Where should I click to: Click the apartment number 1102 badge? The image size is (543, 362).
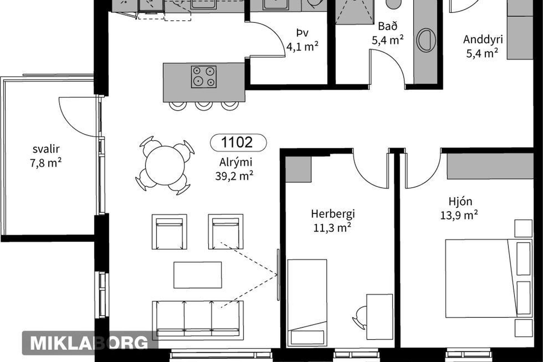(x=238, y=142)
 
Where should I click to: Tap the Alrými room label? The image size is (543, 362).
(x=236, y=162)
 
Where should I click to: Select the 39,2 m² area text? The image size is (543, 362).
(x=234, y=176)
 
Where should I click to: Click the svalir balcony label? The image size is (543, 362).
(x=46, y=149)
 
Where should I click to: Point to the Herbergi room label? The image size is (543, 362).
(x=333, y=214)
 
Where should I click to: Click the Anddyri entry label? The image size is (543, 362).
(x=483, y=39)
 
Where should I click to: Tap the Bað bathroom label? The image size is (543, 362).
(x=388, y=26)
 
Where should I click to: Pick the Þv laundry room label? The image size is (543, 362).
(x=302, y=33)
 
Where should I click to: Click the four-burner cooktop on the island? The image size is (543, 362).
(x=204, y=77)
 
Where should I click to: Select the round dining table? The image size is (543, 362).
(x=165, y=165)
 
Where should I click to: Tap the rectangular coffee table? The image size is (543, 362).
(x=198, y=275)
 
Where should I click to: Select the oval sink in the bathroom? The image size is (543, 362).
(x=426, y=40)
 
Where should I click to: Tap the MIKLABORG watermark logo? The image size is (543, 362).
(x=89, y=343)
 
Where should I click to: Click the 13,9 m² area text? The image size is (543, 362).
(x=459, y=216)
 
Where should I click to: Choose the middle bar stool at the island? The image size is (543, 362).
(x=204, y=106)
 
